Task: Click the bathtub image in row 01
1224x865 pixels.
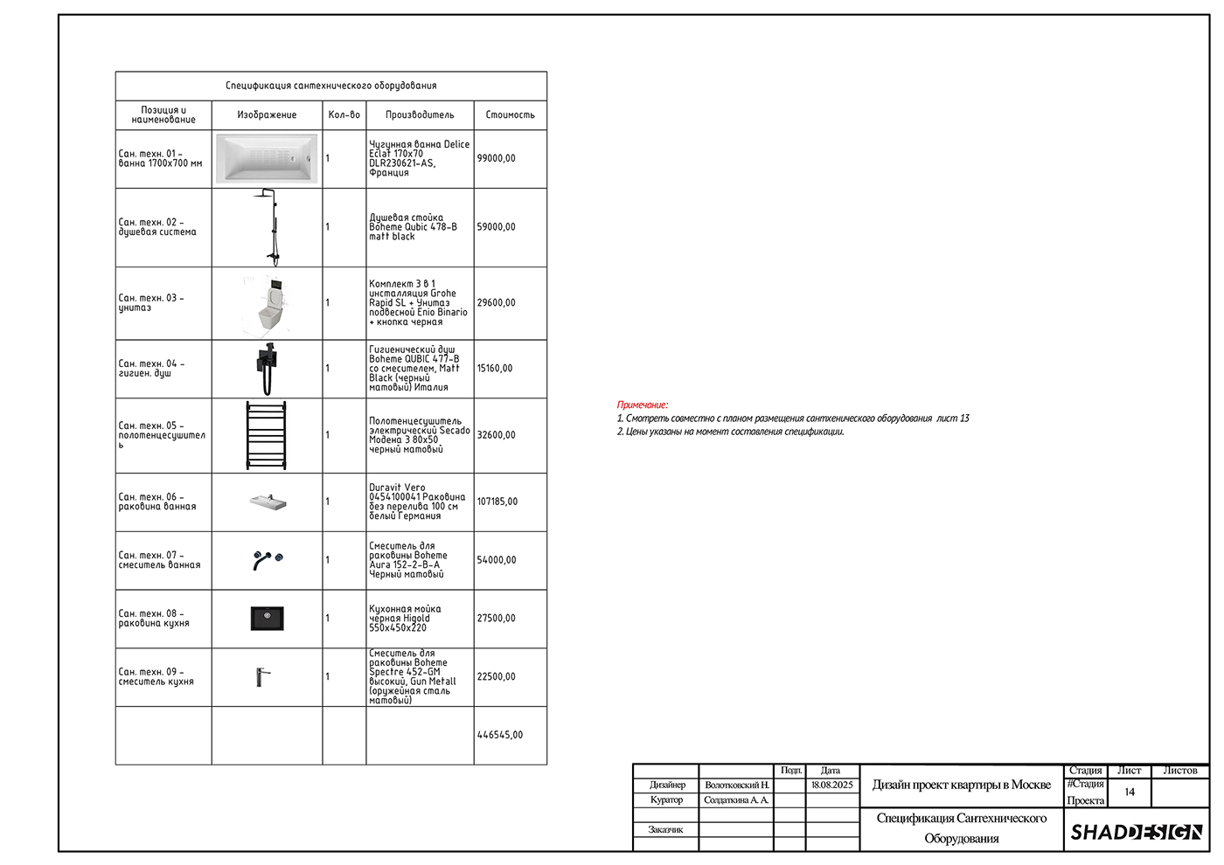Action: click(x=267, y=158)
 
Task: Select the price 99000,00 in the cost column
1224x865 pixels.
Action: click(x=497, y=158)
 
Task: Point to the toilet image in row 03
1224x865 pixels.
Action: click(x=271, y=305)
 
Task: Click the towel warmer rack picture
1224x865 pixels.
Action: click(x=266, y=436)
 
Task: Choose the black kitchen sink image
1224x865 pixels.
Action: click(x=268, y=619)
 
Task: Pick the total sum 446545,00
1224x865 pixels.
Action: click(x=500, y=735)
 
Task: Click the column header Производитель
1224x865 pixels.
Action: click(x=420, y=114)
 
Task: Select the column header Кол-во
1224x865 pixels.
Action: click(x=344, y=114)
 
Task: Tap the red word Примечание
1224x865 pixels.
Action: click(x=642, y=405)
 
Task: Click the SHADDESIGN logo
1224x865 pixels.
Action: click(x=1136, y=832)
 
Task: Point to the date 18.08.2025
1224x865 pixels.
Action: click(x=831, y=785)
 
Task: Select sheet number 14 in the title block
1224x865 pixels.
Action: click(x=1130, y=792)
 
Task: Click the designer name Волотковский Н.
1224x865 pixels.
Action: click(x=737, y=785)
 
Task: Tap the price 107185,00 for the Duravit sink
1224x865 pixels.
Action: click(x=497, y=502)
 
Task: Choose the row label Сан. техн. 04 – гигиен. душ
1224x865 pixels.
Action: click(x=151, y=369)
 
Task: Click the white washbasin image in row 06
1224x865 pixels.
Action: click(x=268, y=502)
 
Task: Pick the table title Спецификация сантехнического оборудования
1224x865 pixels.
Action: click(x=331, y=86)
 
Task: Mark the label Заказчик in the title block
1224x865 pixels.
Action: click(x=665, y=829)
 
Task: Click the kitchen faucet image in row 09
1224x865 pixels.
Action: click(x=263, y=677)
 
